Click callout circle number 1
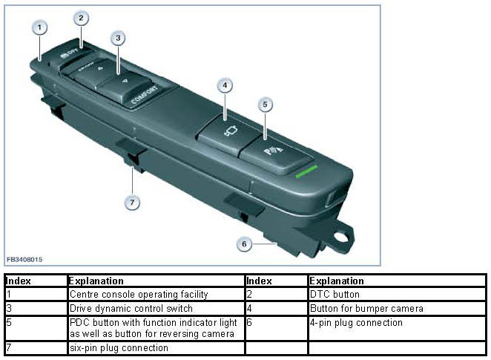coord(39,27)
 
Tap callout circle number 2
coord(81,18)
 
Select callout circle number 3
coord(117,38)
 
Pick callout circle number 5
coord(264,105)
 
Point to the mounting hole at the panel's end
coord(341,239)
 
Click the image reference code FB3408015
coord(24,260)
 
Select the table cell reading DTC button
coord(332,295)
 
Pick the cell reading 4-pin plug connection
coord(355,323)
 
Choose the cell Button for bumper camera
coord(366,308)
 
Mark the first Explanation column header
coord(96,281)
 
